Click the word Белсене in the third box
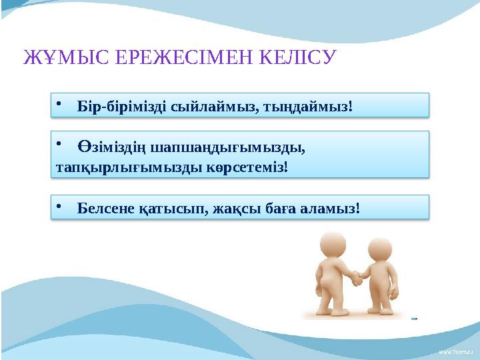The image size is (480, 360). [107, 210]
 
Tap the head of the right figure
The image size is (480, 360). [383, 246]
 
